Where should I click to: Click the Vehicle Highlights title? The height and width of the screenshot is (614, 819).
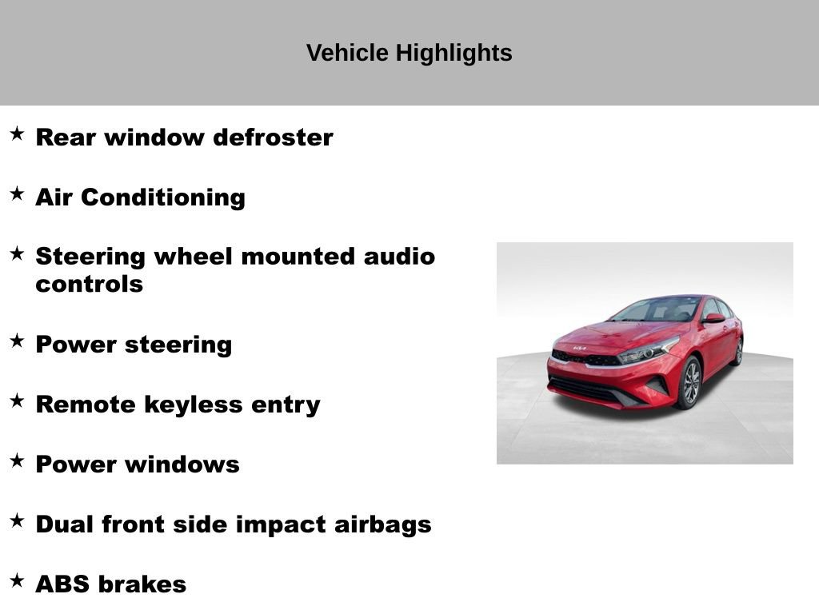[409, 54]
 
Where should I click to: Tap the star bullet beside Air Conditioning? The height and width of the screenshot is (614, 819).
[17, 193]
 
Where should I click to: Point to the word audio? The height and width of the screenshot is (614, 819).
[399, 257]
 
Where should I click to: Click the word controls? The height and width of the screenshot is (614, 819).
[89, 284]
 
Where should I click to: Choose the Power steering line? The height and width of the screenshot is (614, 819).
[134, 345]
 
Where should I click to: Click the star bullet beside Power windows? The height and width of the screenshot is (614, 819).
[17, 460]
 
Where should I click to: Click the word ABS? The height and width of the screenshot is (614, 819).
[62, 584]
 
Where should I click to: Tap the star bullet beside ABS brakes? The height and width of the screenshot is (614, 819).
[17, 580]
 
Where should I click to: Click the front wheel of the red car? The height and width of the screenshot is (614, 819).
[689, 382]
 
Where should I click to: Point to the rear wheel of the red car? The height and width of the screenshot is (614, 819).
[738, 351]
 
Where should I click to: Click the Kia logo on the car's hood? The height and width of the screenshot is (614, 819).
[578, 349]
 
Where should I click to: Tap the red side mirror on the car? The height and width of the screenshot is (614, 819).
[713, 318]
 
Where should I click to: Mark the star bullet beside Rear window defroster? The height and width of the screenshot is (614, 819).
[17, 134]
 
